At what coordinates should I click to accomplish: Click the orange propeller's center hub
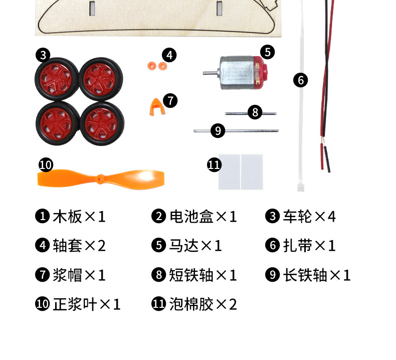coord(101,178)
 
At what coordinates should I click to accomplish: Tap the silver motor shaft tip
coord(204,73)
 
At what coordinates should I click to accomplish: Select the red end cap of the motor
coord(261,73)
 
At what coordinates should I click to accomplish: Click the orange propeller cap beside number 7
coord(157,107)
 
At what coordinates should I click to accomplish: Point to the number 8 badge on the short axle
coord(255,112)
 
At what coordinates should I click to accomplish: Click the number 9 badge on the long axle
coord(218,130)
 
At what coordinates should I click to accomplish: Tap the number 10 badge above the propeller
coord(46,165)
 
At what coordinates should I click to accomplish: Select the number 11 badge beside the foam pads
coord(214,165)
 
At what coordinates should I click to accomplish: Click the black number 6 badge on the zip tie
coord(301,80)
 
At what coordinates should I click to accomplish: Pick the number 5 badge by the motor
coord(268,52)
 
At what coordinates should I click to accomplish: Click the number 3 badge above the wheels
coord(43,55)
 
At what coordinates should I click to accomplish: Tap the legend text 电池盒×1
coord(203,217)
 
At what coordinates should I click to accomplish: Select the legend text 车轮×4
coord(309,217)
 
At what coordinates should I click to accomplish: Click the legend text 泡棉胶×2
coord(203,304)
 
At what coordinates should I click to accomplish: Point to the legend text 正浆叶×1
coord(86,304)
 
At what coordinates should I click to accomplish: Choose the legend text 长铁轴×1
coord(317,275)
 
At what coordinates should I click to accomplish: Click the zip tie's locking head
coord(301,187)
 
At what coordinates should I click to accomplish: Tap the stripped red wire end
coord(322,156)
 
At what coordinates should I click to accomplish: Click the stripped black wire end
coord(327,159)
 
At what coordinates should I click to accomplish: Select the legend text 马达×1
coord(195,246)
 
